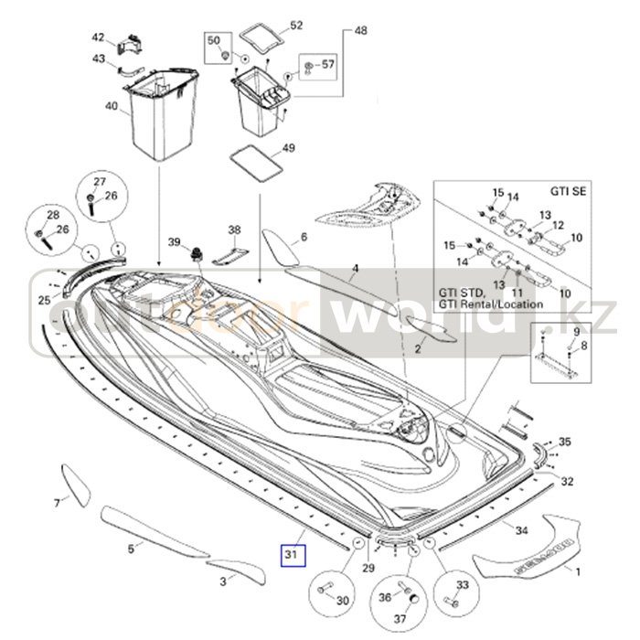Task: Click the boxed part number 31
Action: click(291, 554)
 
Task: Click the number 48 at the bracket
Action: click(360, 31)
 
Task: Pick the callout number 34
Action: click(521, 530)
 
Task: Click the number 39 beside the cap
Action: click(175, 241)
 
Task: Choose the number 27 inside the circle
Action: click(100, 180)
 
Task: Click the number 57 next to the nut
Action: click(328, 65)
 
